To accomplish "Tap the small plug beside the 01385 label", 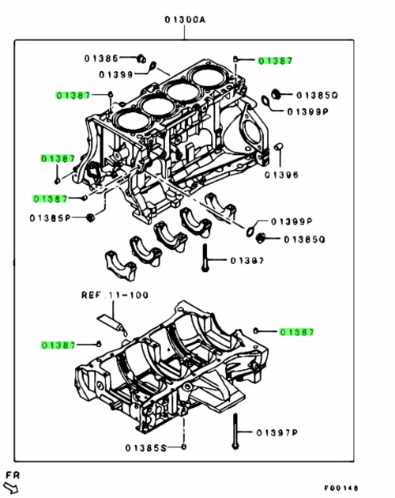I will (x=141, y=57).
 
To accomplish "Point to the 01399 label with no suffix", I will (x=116, y=74).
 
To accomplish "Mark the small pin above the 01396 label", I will (x=279, y=148).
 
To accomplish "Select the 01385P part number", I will (x=49, y=217).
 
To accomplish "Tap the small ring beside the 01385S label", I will (x=183, y=447).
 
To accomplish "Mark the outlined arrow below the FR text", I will (x=12, y=486).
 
